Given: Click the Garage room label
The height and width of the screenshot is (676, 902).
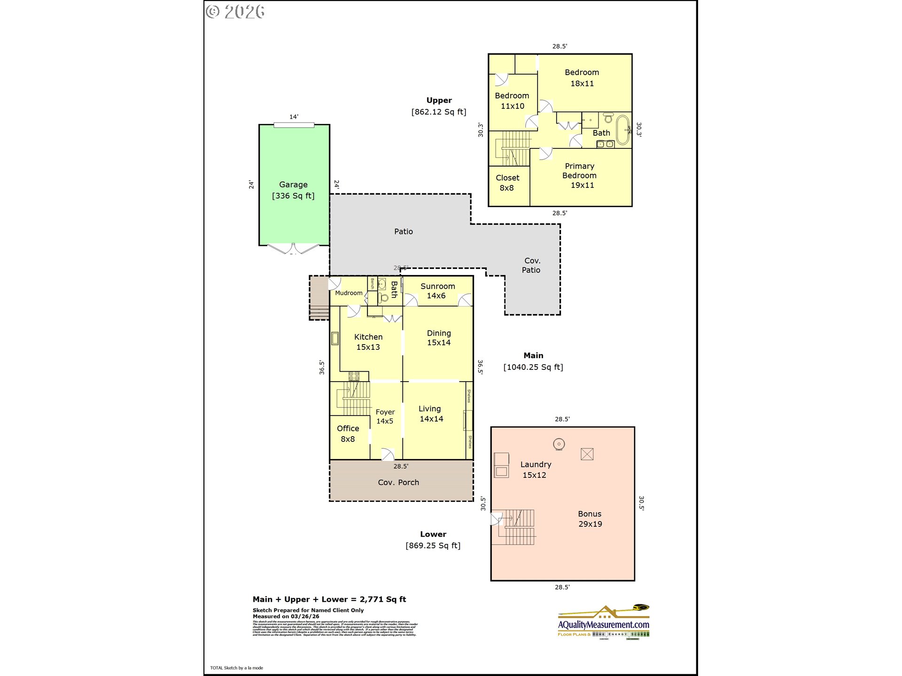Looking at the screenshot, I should pyautogui.click(x=293, y=190).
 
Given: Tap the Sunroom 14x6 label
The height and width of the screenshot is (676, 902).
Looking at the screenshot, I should pyautogui.click(x=437, y=291).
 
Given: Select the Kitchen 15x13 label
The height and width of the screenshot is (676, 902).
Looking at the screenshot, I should pyautogui.click(x=368, y=342).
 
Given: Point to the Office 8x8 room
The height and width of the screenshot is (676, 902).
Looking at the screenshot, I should pyautogui.click(x=348, y=434).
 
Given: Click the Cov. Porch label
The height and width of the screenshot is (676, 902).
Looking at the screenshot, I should pyautogui.click(x=398, y=483).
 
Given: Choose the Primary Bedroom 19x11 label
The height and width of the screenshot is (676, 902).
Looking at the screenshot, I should pyautogui.click(x=580, y=176).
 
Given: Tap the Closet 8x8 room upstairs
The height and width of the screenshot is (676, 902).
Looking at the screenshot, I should pyautogui.click(x=507, y=183).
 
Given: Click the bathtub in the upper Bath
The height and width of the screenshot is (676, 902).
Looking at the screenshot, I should pyautogui.click(x=623, y=130).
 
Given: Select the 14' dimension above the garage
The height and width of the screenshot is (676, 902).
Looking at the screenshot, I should pyautogui.click(x=294, y=117).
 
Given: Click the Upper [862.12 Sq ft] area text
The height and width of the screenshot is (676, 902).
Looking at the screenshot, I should pyautogui.click(x=439, y=106).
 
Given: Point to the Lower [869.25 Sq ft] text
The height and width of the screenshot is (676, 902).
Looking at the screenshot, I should pyautogui.click(x=433, y=540).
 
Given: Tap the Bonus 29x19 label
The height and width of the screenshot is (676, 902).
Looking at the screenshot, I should pyautogui.click(x=590, y=519).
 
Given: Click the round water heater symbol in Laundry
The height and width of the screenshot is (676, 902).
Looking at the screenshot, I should pyautogui.click(x=559, y=444).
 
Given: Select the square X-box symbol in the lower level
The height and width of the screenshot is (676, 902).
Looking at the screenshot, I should pyautogui.click(x=587, y=454).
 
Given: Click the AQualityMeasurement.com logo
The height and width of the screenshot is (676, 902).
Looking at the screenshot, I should pyautogui.click(x=604, y=622).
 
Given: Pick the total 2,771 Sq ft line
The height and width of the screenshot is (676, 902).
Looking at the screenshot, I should pyautogui.click(x=329, y=599).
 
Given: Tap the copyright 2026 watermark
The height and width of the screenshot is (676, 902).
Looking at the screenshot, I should pyautogui.click(x=235, y=12).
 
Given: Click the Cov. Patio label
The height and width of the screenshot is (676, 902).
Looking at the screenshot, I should pyautogui.click(x=531, y=265).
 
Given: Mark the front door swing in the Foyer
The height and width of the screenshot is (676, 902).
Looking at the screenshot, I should pyautogui.click(x=388, y=454).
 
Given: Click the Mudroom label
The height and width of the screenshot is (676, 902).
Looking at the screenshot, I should pyautogui.click(x=349, y=293).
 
